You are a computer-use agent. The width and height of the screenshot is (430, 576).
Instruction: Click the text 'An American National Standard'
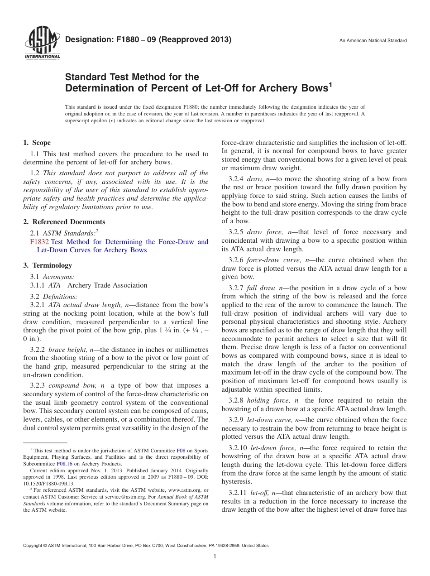(x=373, y=41)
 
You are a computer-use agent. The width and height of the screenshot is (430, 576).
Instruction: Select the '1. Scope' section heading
(x=37, y=143)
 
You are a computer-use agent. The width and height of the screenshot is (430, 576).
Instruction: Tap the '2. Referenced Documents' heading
(x=64, y=222)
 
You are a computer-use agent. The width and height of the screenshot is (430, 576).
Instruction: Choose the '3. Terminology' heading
(x=48, y=265)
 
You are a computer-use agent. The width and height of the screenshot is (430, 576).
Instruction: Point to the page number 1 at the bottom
(x=215, y=557)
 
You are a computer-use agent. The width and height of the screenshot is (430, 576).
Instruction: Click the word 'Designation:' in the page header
(x=85, y=40)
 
